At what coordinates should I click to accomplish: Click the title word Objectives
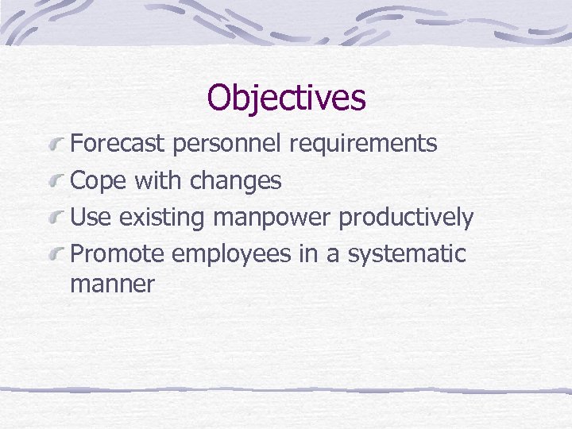[x=286, y=98]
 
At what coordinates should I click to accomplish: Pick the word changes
[x=236, y=181]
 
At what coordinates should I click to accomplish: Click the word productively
[x=406, y=217]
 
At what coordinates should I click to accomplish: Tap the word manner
[x=112, y=284]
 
